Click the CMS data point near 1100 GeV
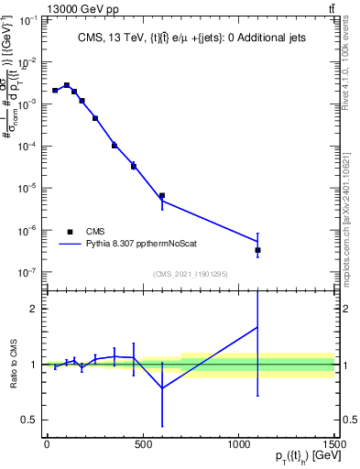[x=258, y=250]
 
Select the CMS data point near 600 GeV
[x=162, y=195]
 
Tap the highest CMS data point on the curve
[x=67, y=85]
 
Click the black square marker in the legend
[x=71, y=232]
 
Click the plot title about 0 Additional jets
[x=191, y=38]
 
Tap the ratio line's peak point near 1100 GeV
[x=258, y=327]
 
